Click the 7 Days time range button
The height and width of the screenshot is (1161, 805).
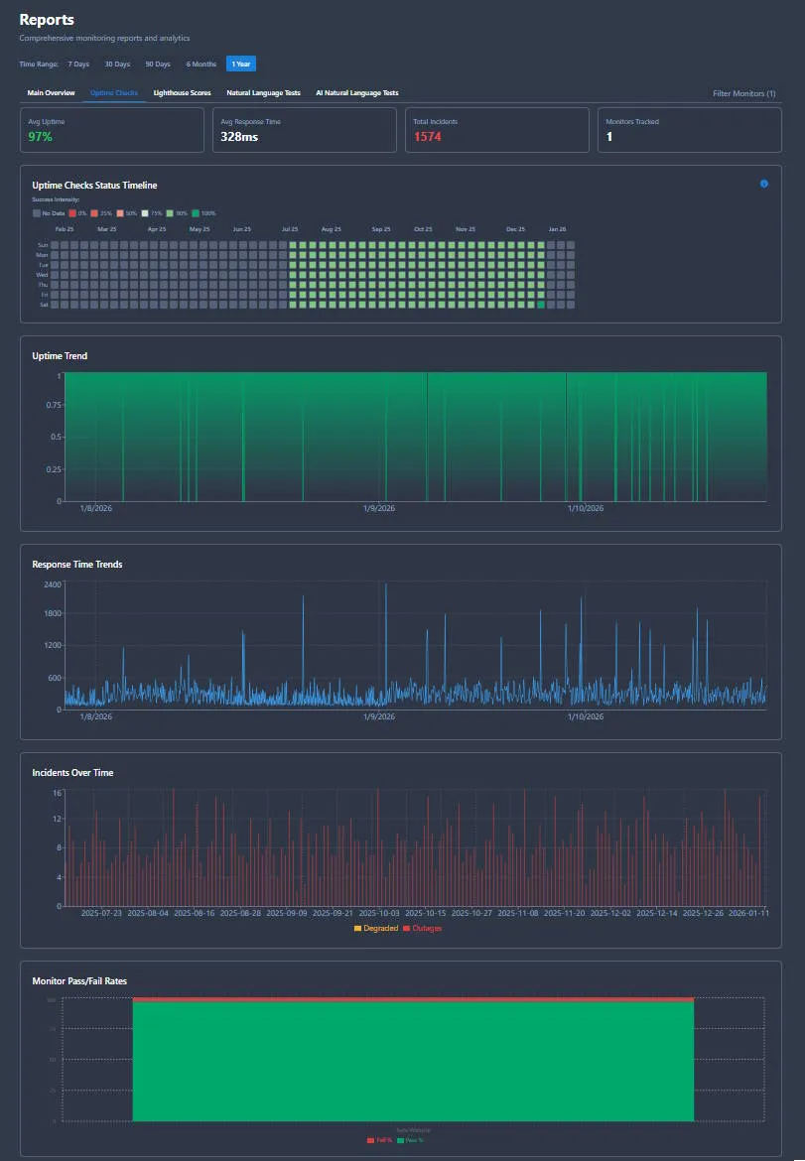(78, 64)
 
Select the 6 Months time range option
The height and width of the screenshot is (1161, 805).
(201, 64)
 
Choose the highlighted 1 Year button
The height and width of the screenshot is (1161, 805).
(240, 64)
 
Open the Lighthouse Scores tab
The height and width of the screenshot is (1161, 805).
(182, 93)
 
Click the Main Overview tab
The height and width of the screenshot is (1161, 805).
(51, 93)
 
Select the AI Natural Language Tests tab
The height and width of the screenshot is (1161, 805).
(356, 93)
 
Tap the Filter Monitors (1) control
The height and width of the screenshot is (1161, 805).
(743, 93)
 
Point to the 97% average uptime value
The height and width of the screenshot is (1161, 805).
(40, 137)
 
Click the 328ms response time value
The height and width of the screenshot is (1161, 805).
(239, 137)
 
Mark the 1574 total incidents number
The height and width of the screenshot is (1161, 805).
(427, 137)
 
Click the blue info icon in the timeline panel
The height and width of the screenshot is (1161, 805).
(763, 184)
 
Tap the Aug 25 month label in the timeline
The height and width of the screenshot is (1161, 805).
(332, 229)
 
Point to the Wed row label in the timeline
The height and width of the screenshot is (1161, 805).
(42, 275)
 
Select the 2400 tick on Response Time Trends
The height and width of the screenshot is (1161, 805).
(53, 584)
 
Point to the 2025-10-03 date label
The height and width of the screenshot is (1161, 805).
(378, 913)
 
